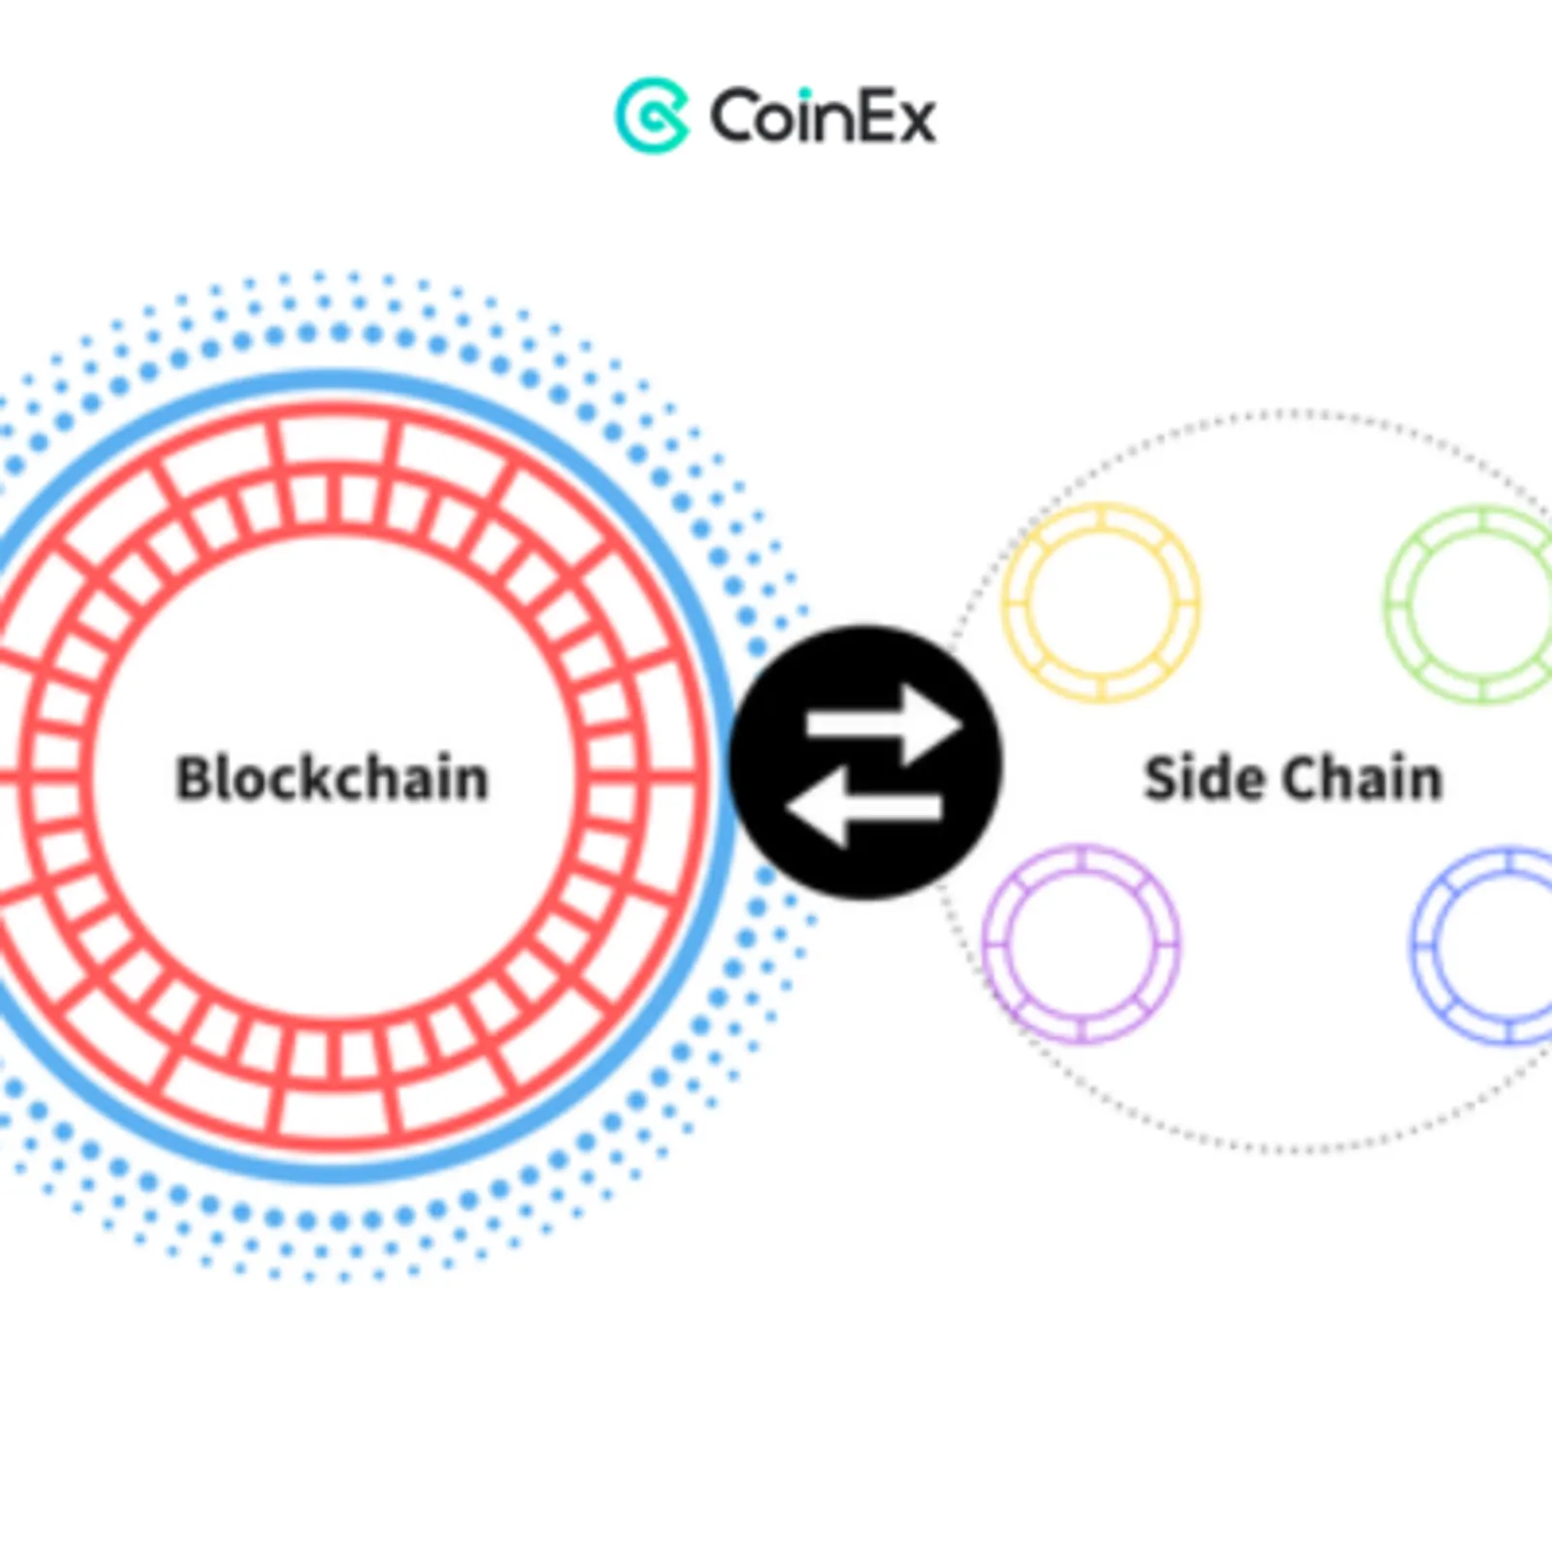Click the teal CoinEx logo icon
652,115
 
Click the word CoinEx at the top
823,116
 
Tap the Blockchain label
332,778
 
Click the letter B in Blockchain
195,778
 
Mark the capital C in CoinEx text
732,117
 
